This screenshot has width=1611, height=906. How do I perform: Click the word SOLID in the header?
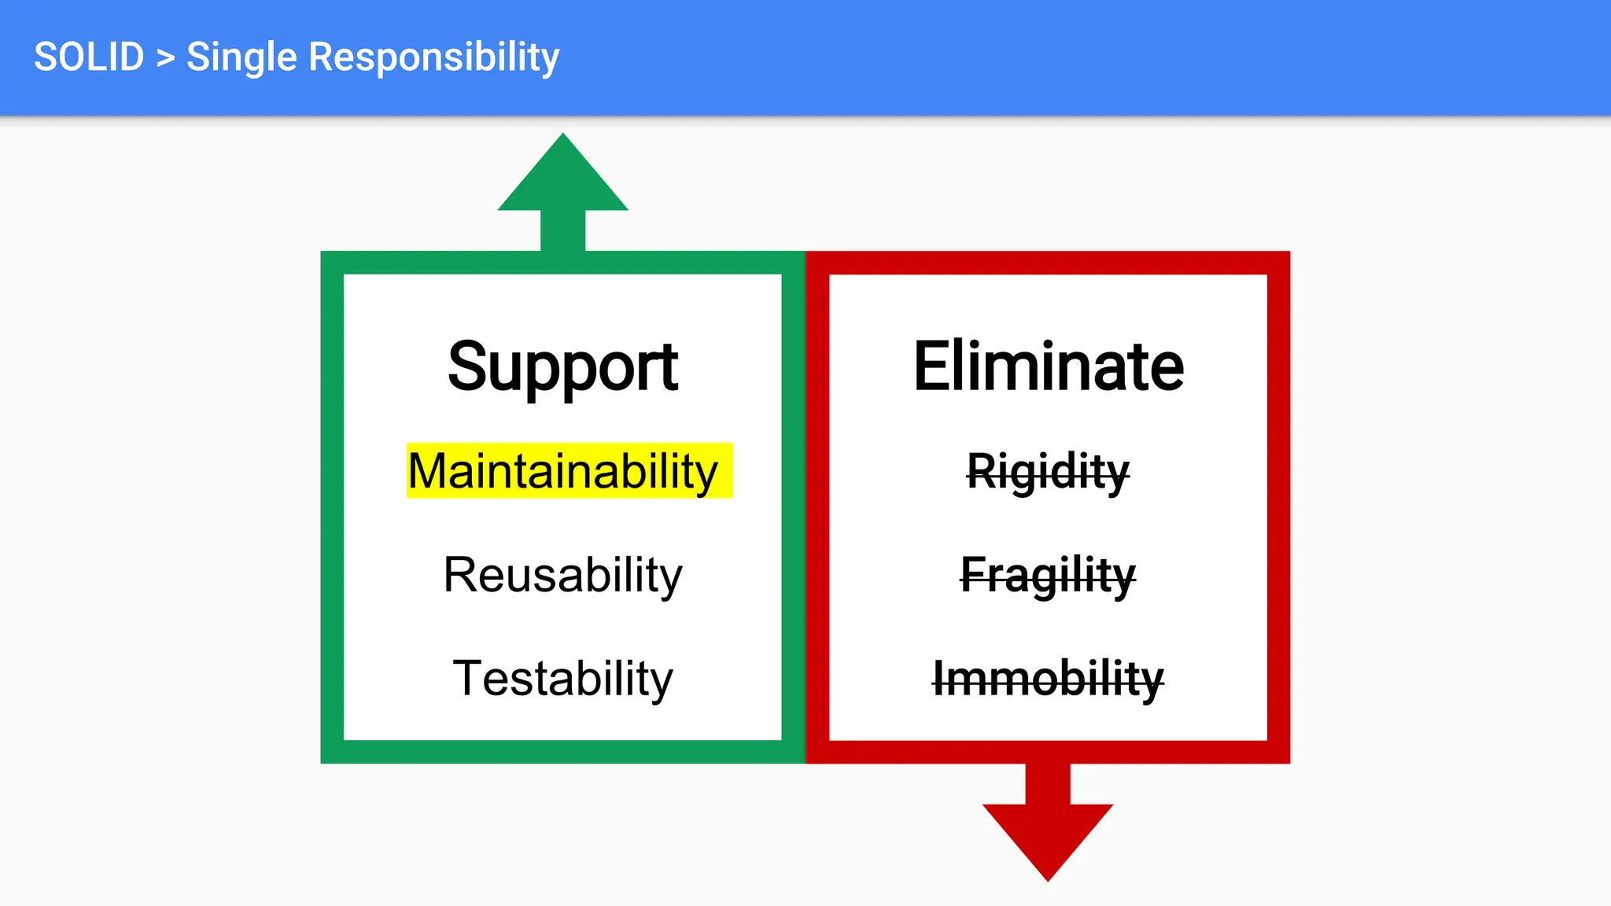tap(89, 57)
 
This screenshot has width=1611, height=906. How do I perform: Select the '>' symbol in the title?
tap(165, 58)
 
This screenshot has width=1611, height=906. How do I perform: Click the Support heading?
tap(562, 366)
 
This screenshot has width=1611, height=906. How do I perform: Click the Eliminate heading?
tap(1048, 366)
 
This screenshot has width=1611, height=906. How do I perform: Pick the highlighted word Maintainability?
tap(563, 471)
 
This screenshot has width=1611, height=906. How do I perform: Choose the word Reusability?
tap(562, 575)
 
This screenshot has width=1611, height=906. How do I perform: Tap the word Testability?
tap(562, 678)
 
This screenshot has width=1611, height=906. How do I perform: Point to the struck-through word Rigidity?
tap(1048, 472)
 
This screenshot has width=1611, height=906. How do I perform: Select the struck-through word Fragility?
tap(1048, 575)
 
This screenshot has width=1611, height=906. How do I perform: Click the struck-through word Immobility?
tap(1048, 679)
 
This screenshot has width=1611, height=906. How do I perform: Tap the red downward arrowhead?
tap(1048, 837)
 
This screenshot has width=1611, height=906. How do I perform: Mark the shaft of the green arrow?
tap(563, 230)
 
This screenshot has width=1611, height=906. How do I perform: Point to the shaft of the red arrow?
tap(1048, 783)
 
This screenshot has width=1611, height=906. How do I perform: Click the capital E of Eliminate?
tap(930, 366)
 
